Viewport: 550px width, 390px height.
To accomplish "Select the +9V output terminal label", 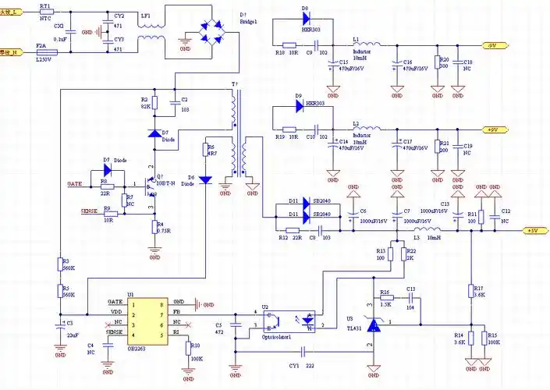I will point(492,129).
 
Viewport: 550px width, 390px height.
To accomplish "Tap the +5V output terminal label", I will point(533,231).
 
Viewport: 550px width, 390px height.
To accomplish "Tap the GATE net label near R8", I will point(75,183).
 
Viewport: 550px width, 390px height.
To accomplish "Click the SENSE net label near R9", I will point(90,211).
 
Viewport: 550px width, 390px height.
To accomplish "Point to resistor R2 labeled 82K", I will point(154,103).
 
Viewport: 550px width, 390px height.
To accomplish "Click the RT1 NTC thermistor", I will point(46,12).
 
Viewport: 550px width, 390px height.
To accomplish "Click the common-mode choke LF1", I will point(150,31).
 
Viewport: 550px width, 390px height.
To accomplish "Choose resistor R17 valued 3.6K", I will point(471,291).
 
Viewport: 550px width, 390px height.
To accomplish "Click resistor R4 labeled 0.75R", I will point(154,227).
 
